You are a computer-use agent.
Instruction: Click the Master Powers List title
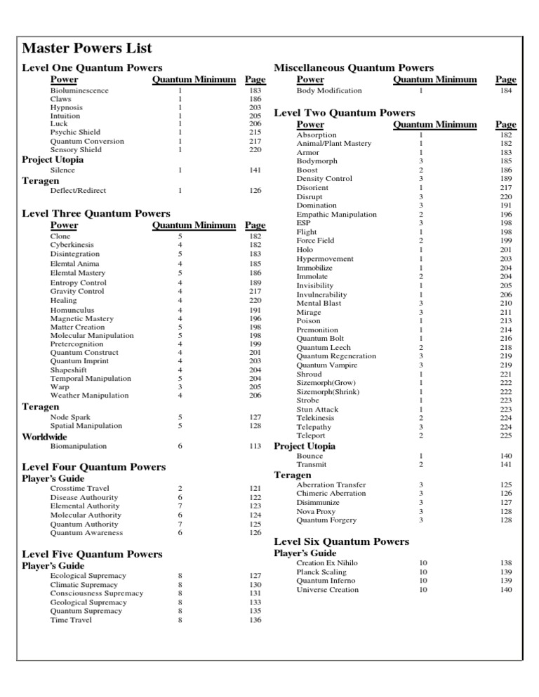87,48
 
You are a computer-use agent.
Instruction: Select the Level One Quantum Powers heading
92,68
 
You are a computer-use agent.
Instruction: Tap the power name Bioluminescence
79,90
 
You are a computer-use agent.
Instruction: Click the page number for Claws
255,100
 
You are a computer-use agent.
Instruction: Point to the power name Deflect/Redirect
79,190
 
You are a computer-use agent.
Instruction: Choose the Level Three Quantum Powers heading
96,213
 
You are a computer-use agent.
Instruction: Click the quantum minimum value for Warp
180,386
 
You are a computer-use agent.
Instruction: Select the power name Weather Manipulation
89,395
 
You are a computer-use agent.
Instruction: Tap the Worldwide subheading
45,436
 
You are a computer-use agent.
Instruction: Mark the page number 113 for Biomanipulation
255,446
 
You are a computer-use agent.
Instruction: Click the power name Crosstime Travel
79,488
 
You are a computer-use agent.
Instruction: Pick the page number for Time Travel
255,620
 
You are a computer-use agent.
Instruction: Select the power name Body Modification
329,90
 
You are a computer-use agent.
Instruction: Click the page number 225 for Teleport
506,435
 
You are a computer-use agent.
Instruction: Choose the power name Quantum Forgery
326,520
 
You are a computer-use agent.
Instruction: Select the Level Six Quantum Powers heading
341,541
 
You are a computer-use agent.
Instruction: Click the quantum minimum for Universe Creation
423,590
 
